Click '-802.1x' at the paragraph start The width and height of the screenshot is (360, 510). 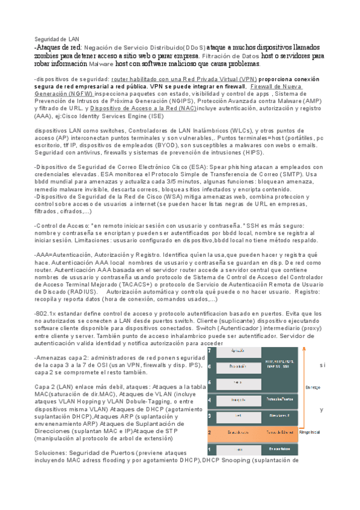(46, 313)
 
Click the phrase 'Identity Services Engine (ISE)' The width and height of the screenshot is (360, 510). (129, 116)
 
